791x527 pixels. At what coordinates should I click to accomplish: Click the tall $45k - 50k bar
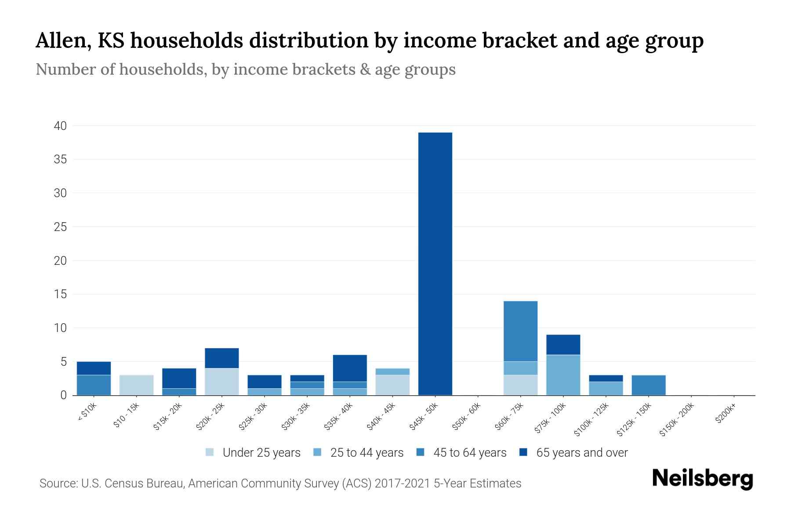click(435, 263)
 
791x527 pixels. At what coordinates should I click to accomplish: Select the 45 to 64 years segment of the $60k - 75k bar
click(520, 331)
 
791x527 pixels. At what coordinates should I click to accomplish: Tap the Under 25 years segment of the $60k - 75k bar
click(520, 385)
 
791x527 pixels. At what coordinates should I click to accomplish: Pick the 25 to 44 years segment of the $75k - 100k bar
click(563, 375)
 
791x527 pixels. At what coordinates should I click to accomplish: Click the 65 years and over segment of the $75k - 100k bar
click(563, 345)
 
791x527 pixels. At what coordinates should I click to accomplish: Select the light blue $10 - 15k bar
click(136, 385)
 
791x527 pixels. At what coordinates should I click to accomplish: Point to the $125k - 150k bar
click(648, 385)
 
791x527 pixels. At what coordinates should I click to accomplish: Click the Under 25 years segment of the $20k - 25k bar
click(222, 382)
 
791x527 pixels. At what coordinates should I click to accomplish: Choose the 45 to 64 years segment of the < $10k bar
click(94, 385)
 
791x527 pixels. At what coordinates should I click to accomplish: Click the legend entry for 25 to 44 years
click(366, 453)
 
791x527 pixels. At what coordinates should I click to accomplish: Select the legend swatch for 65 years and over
click(523, 452)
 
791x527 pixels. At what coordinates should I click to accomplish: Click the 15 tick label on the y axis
click(61, 294)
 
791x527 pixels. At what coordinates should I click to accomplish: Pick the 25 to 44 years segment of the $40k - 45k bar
click(392, 372)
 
